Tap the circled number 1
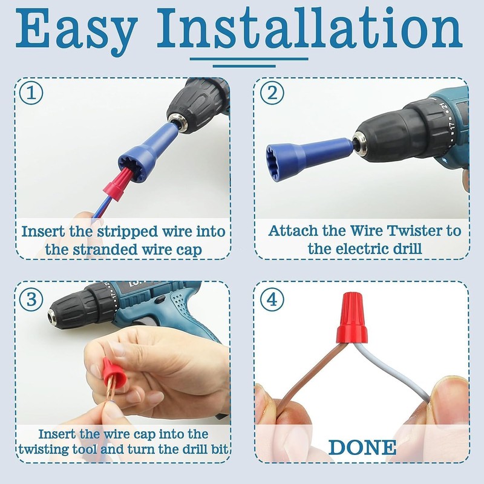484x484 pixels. point(31,93)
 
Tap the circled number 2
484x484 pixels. point(272,93)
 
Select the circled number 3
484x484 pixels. point(31,299)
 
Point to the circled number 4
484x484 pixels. point(272,299)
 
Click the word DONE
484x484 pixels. point(362,447)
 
